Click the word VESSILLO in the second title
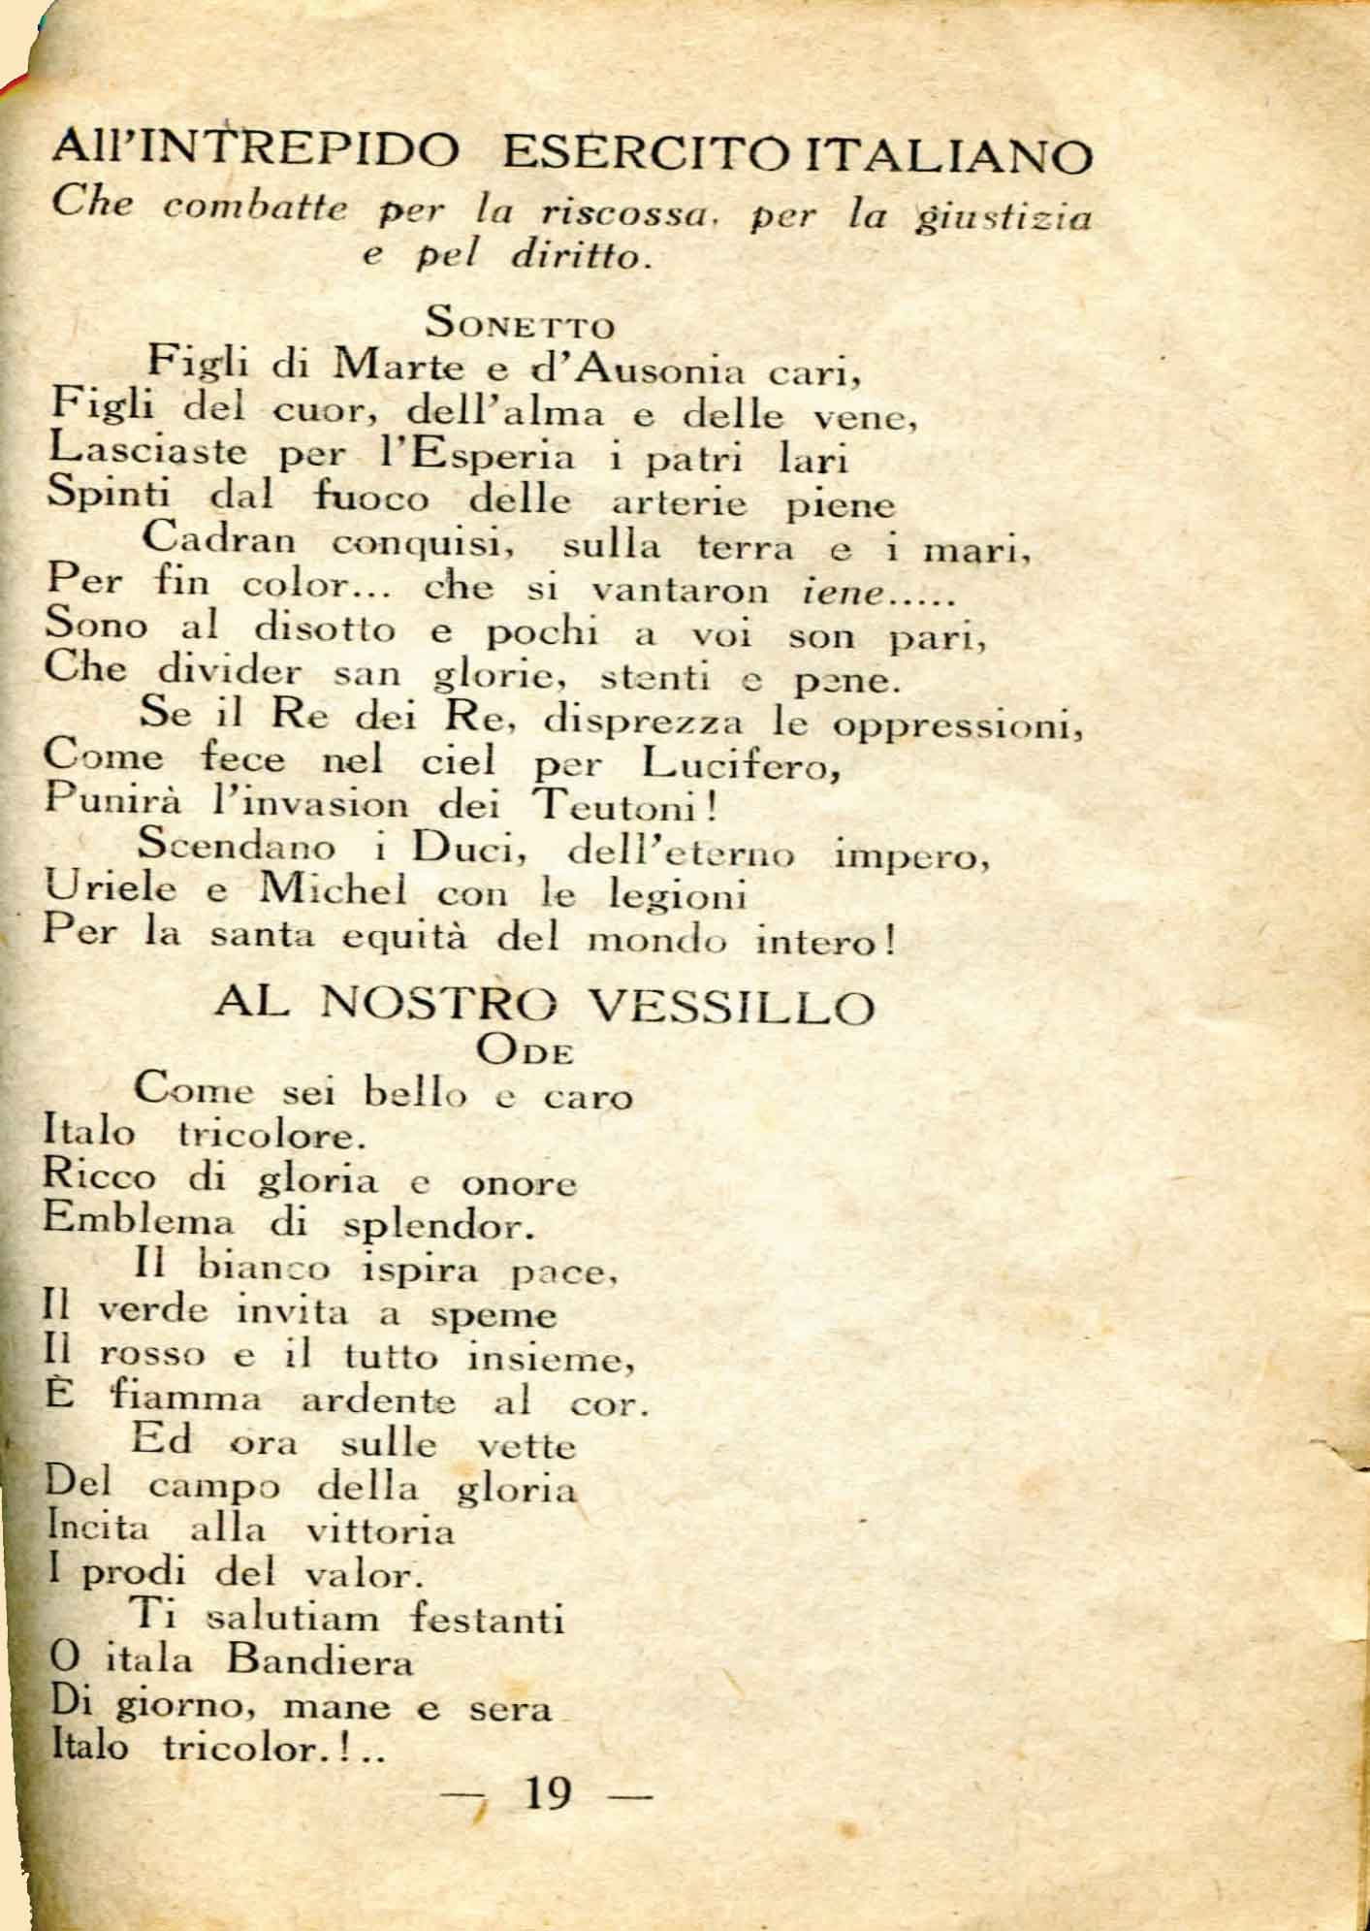[x=733, y=1008]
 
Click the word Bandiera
[x=320, y=1661]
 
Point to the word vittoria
[x=380, y=1531]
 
